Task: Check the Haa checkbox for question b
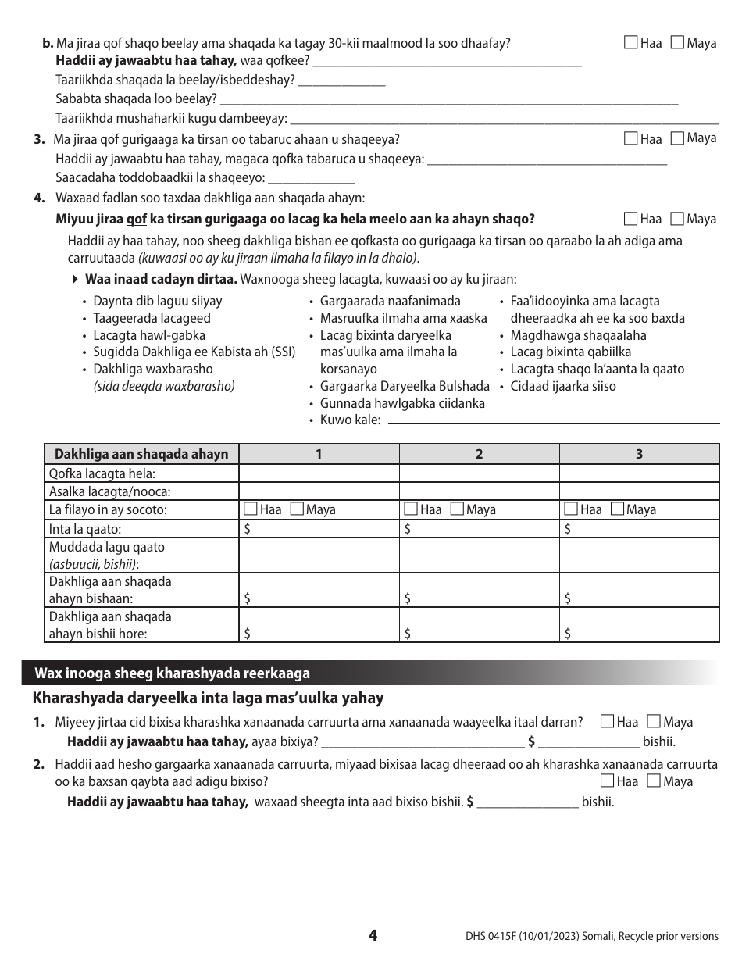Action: click(x=631, y=43)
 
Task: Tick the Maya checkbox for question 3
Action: click(x=677, y=138)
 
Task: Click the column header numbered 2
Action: click(x=479, y=454)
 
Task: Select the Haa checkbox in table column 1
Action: click(x=250, y=509)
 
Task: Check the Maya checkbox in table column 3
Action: click(x=617, y=509)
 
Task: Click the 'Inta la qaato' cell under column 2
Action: click(x=479, y=529)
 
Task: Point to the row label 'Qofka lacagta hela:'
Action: click(x=102, y=473)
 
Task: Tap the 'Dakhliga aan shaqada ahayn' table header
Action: click(x=141, y=454)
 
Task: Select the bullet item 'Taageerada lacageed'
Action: click(x=152, y=318)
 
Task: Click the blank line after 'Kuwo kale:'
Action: click(x=553, y=420)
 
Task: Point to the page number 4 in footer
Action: click(x=373, y=935)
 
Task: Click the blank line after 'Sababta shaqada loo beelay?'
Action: click(x=449, y=99)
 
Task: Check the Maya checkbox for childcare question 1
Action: click(x=655, y=722)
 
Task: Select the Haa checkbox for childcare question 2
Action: click(x=608, y=781)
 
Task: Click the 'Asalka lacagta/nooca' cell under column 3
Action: click(x=639, y=491)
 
